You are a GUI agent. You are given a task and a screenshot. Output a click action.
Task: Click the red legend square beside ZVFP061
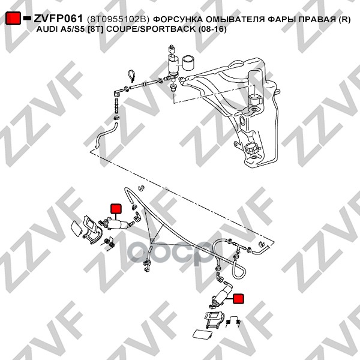(x=13, y=18)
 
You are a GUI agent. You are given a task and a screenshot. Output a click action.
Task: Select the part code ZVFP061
(x=58, y=19)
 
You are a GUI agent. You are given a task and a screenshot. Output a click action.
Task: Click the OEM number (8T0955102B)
(x=118, y=20)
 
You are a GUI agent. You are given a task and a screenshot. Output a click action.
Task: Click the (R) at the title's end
(x=344, y=20)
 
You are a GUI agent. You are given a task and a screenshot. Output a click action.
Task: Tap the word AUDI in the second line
(x=47, y=29)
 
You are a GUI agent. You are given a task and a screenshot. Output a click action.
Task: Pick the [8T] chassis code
(x=97, y=29)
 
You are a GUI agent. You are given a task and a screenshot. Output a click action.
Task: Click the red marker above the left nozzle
(x=116, y=208)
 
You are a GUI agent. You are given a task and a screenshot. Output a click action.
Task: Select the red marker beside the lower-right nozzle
(x=238, y=299)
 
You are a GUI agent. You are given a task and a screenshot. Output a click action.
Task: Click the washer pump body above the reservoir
(x=173, y=65)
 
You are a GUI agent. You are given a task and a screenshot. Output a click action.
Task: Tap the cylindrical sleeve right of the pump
(x=188, y=62)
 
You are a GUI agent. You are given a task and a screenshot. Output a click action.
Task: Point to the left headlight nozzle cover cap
(x=76, y=229)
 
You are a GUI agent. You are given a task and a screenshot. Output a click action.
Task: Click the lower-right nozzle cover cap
(x=202, y=335)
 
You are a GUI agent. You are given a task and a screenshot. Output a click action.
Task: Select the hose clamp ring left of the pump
(x=132, y=76)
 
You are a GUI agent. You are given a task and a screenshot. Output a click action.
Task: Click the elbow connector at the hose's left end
(x=118, y=92)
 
